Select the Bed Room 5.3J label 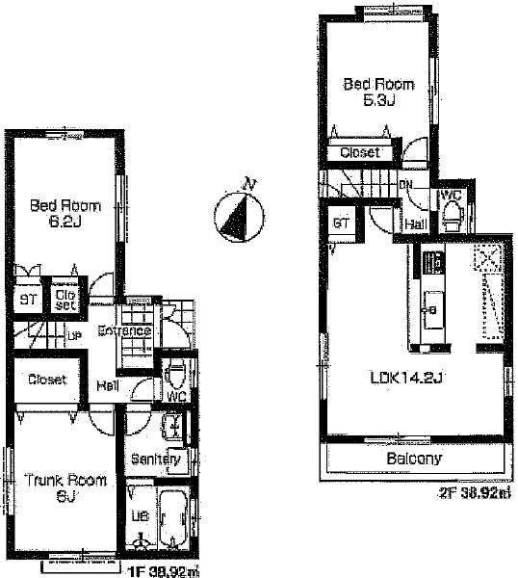click(x=370, y=92)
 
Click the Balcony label click(x=415, y=459)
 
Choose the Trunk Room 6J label click(x=65, y=486)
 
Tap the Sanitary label click(x=157, y=460)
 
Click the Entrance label click(x=124, y=331)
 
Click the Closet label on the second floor click(x=360, y=152)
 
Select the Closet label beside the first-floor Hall click(x=45, y=380)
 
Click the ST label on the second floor click(x=340, y=223)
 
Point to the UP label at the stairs click(x=73, y=335)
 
